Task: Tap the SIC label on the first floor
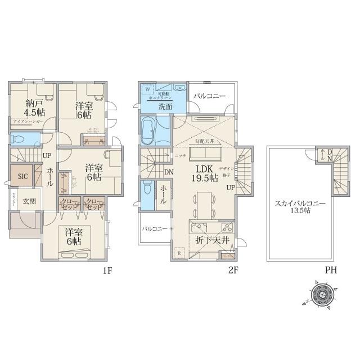coord(22,175)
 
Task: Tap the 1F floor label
coord(108,271)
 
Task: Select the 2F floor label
coord(233,271)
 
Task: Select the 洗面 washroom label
coord(165,106)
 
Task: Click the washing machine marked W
coord(147,89)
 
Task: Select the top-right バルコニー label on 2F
coord(209,97)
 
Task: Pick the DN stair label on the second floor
coord(169,172)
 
